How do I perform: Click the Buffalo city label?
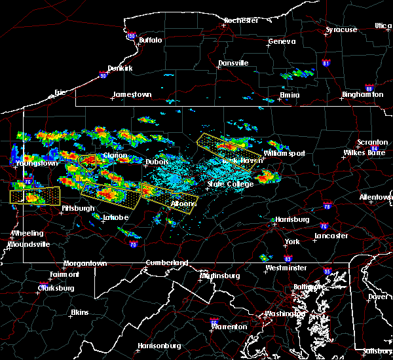pyautogui.click(x=150, y=41)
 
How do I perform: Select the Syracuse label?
pyautogui.click(x=341, y=29)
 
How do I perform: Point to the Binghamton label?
pyautogui.click(x=362, y=95)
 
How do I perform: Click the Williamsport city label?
pyautogui.click(x=284, y=154)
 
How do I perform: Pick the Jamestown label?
pyautogui.click(x=132, y=95)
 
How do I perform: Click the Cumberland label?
pyautogui.click(x=166, y=263)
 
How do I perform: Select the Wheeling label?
pyautogui.click(x=27, y=233)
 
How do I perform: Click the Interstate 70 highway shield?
pyautogui.click(x=134, y=245)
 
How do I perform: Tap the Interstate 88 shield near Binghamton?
pyautogui.click(x=369, y=88)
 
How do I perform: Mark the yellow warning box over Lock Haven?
pyautogui.click(x=226, y=150)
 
